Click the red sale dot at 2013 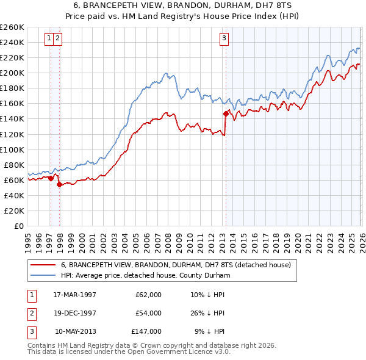pos(226,113)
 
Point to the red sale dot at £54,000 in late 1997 pos(59,184)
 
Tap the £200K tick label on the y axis pos(12,73)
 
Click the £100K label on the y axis pos(12,149)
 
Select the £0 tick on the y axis pos(18,226)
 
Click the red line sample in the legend pos(43,265)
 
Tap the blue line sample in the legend pos(43,275)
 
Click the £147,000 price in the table pos(146,331)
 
